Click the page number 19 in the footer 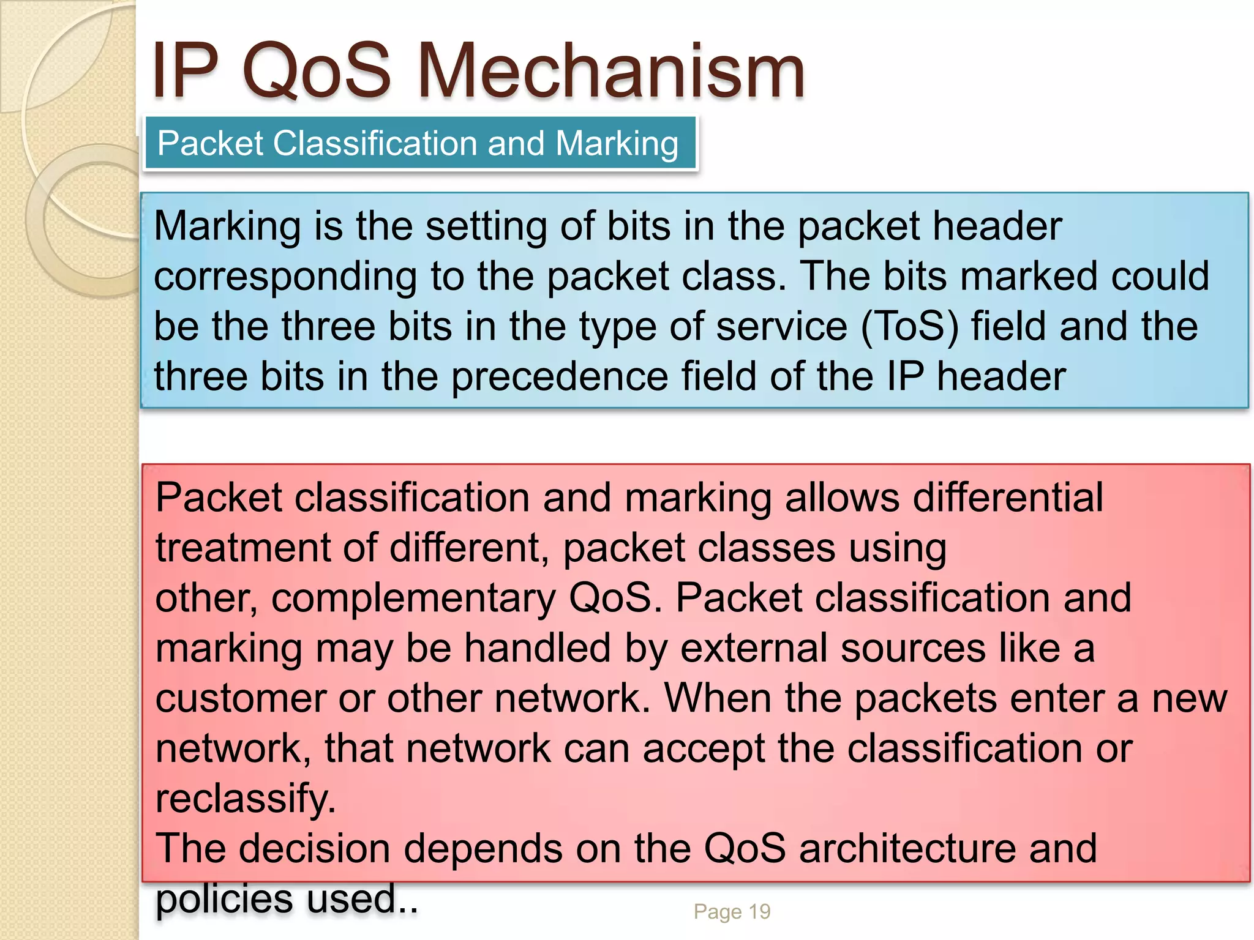759,911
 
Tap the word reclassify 246,799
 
